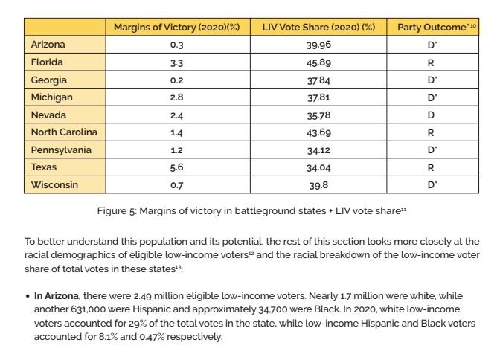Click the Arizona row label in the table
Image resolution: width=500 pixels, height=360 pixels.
[x=48, y=45]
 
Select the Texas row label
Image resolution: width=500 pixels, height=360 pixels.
[x=44, y=167]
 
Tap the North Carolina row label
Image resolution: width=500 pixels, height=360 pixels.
[x=64, y=132]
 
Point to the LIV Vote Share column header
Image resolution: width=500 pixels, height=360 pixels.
[x=319, y=28]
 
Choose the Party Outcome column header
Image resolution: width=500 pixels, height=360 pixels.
[x=436, y=28]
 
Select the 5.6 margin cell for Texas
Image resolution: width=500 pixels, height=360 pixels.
[x=176, y=167]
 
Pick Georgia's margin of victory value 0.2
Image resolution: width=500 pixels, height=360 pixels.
[x=176, y=80]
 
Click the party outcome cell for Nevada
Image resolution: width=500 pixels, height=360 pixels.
[x=437, y=115]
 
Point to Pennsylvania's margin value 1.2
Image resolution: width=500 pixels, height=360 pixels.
[x=176, y=150]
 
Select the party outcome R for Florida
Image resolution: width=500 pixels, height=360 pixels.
[x=437, y=62]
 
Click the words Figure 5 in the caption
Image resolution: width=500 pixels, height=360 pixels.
[x=115, y=211]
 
